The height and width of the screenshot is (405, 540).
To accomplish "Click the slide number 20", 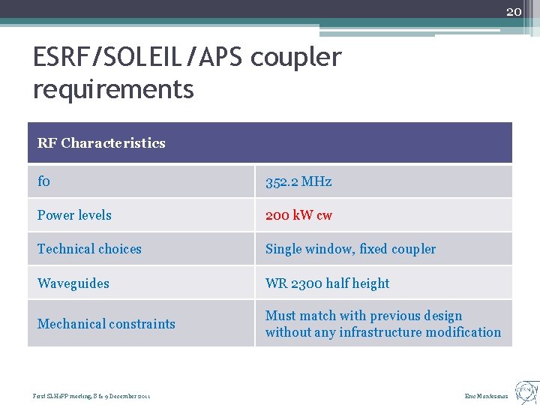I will [513, 11].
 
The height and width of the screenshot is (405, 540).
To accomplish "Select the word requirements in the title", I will [113, 89].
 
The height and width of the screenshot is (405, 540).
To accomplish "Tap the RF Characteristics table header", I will [101, 142].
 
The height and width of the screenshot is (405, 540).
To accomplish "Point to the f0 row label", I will [43, 181].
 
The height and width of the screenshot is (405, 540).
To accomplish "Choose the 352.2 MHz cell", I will [298, 181].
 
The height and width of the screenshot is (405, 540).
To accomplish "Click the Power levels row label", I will [74, 215].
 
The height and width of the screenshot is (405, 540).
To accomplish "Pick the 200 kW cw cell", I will [298, 215].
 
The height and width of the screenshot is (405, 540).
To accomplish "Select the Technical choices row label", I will [89, 249].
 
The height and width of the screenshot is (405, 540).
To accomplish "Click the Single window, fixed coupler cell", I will [350, 249].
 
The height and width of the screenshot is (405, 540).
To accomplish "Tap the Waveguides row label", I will [73, 283].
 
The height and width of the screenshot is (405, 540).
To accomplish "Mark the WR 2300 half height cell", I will [327, 283].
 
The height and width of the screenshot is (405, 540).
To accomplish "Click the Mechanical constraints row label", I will [106, 324].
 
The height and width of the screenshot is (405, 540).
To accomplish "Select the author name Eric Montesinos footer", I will [486, 396].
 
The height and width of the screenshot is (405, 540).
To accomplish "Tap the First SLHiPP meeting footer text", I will [91, 396].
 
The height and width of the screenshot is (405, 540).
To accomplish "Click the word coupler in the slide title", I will [295, 57].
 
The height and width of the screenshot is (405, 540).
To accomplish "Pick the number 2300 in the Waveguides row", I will [306, 283].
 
